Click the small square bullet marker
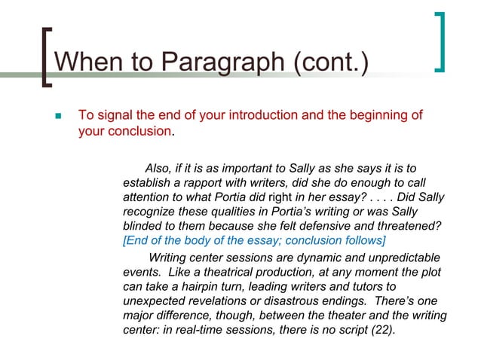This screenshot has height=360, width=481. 59,117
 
